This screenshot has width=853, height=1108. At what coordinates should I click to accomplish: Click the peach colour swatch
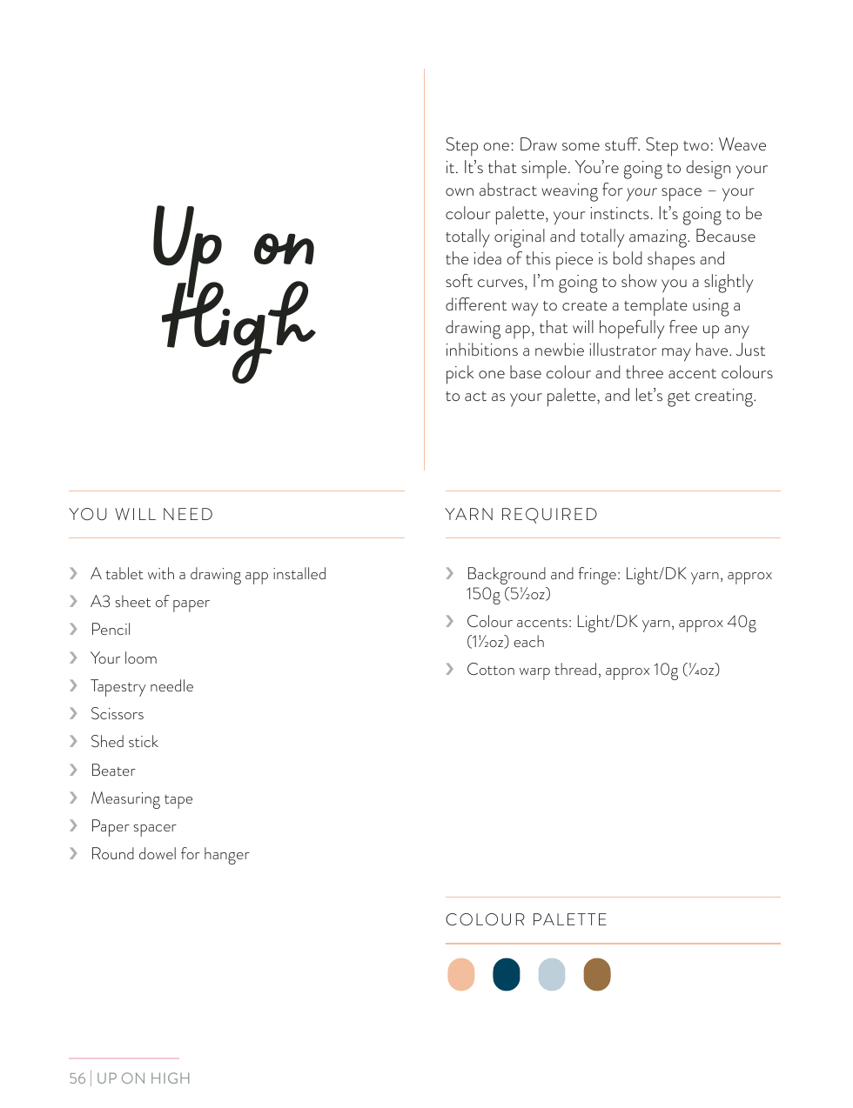tap(461, 974)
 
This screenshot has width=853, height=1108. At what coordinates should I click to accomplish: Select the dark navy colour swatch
tap(507, 974)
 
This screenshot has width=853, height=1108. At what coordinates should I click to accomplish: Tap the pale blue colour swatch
tap(552, 974)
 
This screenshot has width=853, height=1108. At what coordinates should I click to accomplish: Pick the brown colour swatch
tap(597, 974)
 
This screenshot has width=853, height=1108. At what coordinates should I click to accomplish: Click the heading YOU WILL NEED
tap(141, 515)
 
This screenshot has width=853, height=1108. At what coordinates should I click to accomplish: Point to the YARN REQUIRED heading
tap(521, 515)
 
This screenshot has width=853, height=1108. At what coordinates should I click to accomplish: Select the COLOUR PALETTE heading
tap(527, 920)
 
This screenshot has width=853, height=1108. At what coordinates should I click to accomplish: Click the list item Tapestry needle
tap(142, 686)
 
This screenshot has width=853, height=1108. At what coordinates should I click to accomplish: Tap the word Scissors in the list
tap(118, 714)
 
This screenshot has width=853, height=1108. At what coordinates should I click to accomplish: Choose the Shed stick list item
tap(124, 742)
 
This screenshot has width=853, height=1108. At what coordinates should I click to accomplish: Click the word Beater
tap(113, 771)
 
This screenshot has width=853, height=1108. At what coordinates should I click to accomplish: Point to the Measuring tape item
tap(142, 798)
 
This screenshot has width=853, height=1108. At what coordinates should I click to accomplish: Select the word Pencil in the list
tap(111, 630)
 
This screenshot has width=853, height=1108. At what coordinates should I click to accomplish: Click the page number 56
tap(77, 1078)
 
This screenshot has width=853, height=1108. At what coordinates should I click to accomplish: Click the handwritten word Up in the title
tap(187, 237)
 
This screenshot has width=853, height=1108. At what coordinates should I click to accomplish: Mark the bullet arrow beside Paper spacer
tap(74, 825)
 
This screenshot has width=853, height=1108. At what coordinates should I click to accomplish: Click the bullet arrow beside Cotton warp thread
tap(450, 669)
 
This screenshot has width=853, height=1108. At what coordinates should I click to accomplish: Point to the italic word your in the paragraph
tap(641, 191)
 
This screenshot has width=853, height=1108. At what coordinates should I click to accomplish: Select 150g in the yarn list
tap(483, 594)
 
